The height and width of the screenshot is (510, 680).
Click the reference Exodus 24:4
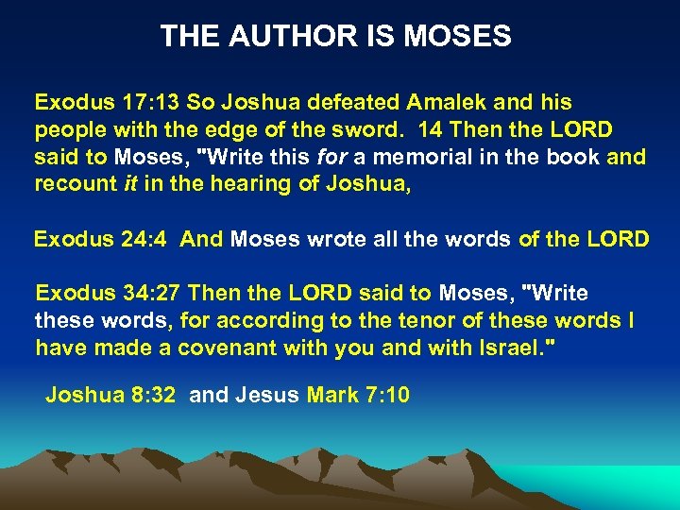point(100,239)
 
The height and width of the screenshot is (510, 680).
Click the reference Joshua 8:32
point(110,394)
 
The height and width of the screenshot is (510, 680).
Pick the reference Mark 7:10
point(358,394)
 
